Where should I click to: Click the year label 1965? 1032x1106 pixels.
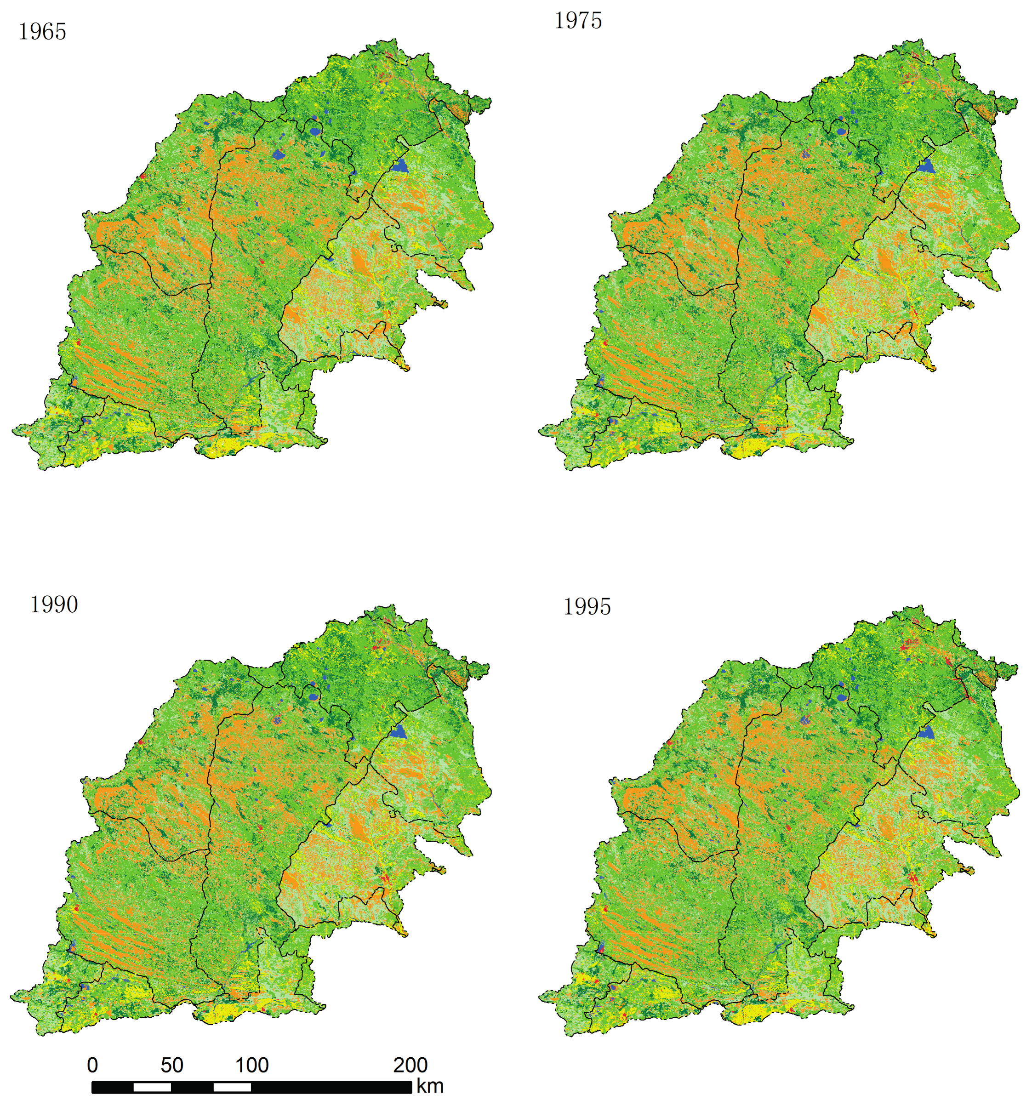pos(42,32)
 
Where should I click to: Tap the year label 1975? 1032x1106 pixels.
pos(578,21)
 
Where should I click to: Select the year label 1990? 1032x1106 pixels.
pos(54,605)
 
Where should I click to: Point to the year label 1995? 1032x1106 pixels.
pos(587,607)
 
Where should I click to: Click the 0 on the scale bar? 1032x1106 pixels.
pos(92,1065)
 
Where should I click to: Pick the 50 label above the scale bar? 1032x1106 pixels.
pos(172,1065)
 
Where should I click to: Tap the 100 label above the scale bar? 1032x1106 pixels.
pos(251,1065)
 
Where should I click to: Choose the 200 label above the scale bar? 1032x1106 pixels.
pos(410,1065)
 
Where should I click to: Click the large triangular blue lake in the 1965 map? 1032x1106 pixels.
pos(399,165)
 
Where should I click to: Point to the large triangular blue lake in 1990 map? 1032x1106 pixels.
pos(399,731)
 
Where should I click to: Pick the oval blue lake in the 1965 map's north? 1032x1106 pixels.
pos(315,132)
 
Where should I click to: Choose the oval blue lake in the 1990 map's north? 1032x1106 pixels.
pos(314,696)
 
